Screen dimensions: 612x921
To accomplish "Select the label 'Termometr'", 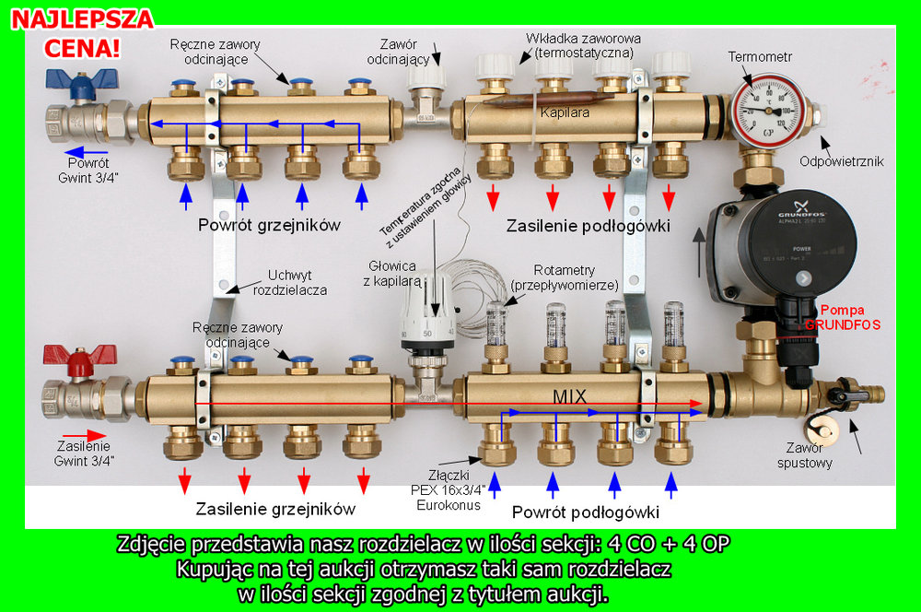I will tap(761, 56).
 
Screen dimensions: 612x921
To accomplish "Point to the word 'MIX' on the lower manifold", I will tap(570, 396).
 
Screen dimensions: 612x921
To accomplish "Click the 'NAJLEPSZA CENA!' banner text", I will tap(82, 32).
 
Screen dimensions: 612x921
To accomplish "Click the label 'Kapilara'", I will tap(565, 112).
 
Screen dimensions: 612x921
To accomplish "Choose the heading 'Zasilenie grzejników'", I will tap(274, 509).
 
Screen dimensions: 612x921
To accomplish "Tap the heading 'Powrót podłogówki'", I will tap(586, 512).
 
